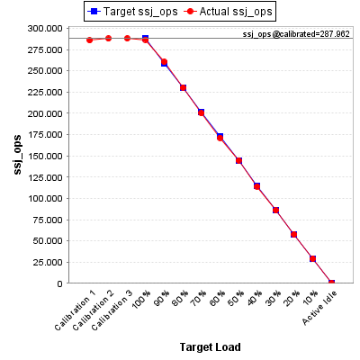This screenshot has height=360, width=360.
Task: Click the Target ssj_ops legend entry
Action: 132,12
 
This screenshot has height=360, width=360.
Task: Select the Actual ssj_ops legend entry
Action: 228,12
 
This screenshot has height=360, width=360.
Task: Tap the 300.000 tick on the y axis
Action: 45,29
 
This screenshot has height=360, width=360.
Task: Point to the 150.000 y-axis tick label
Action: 45,156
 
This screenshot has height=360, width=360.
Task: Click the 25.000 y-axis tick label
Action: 48,262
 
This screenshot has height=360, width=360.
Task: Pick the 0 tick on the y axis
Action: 60,283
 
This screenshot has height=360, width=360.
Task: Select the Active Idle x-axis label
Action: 319,308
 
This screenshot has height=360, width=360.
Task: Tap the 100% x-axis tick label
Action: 141,299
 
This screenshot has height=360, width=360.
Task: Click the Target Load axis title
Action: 211,347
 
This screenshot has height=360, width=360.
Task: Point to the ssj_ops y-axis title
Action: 18,155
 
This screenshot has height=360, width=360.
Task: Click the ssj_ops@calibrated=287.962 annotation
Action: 296,34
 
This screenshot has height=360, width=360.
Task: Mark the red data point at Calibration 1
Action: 89,40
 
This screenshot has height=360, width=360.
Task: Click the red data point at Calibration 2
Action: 108,39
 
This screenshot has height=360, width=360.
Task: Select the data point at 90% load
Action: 164,62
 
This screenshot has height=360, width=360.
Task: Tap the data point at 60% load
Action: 220,138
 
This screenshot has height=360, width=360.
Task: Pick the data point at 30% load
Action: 275,211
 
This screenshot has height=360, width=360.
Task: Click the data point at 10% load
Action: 312,258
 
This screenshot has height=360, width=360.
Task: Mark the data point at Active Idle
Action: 331,283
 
